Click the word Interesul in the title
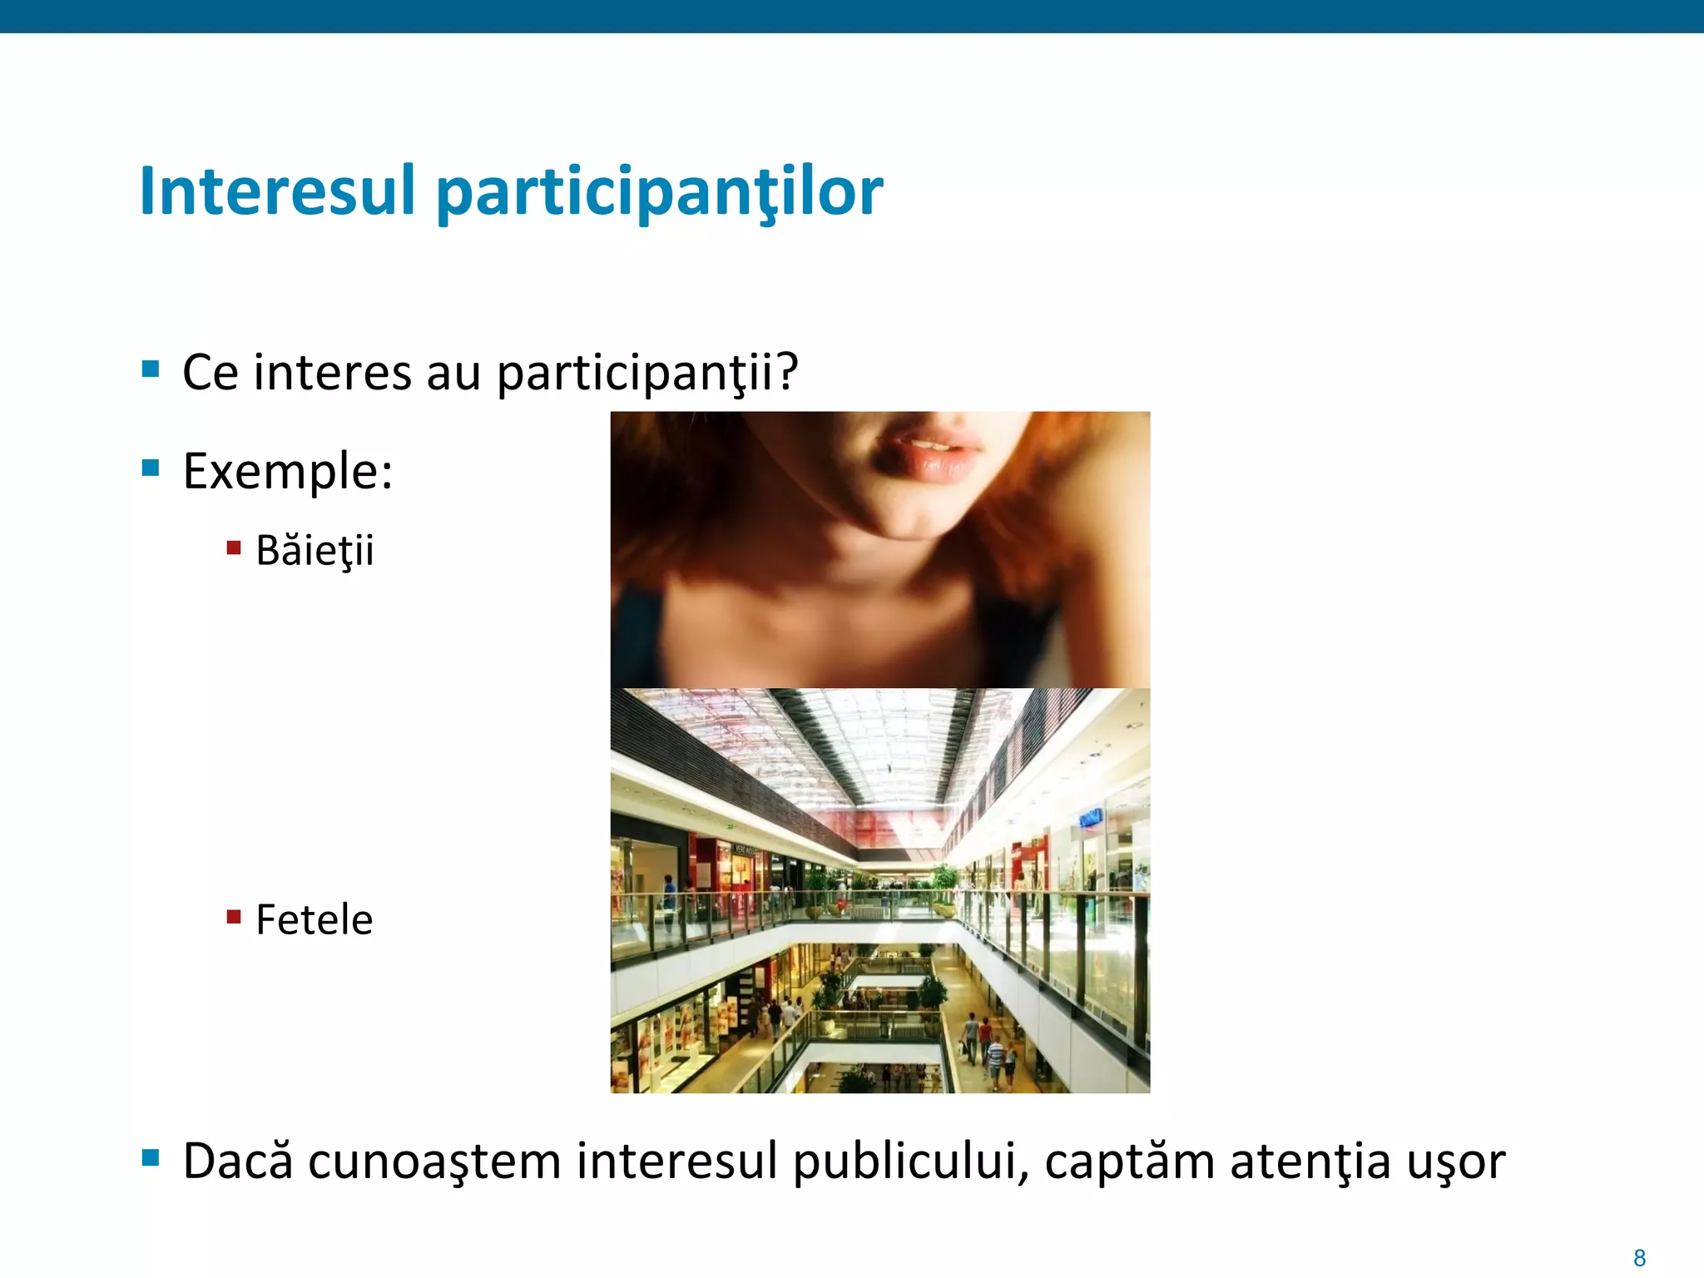click(x=277, y=191)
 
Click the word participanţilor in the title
click(x=659, y=193)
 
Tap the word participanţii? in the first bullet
click(x=647, y=373)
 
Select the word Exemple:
click(x=288, y=471)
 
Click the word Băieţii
click(x=315, y=551)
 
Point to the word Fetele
click(x=314, y=920)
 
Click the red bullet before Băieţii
click(x=234, y=547)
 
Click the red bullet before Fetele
click(x=234, y=917)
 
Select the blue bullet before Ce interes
click(x=151, y=369)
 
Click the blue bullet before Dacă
click(x=151, y=1157)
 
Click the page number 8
click(x=1639, y=1257)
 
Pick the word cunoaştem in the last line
click(x=434, y=1162)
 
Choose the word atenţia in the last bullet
click(x=1310, y=1162)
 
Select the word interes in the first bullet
click(x=332, y=373)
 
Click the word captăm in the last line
click(x=1129, y=1162)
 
